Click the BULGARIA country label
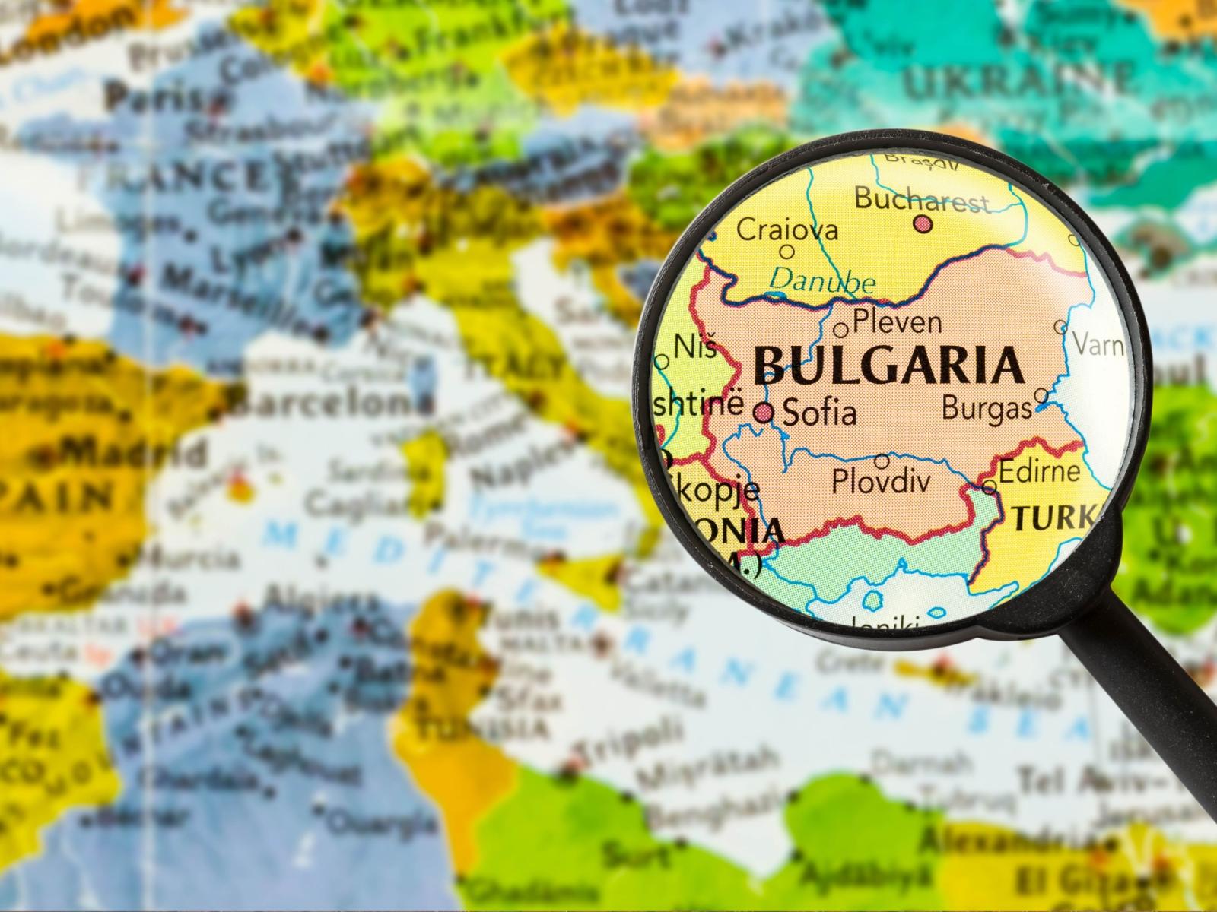click(x=888, y=365)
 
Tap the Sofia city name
click(x=819, y=413)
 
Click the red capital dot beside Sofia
click(x=764, y=413)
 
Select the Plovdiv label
click(x=882, y=482)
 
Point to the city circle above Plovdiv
click(x=882, y=461)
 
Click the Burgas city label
click(x=987, y=408)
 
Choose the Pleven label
click(x=897, y=322)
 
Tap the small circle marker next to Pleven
click(x=841, y=330)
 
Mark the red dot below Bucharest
click(x=923, y=223)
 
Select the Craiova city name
click(x=787, y=229)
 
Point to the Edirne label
click(x=1039, y=471)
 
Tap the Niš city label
click(x=695, y=348)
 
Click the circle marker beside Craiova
click(x=787, y=252)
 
